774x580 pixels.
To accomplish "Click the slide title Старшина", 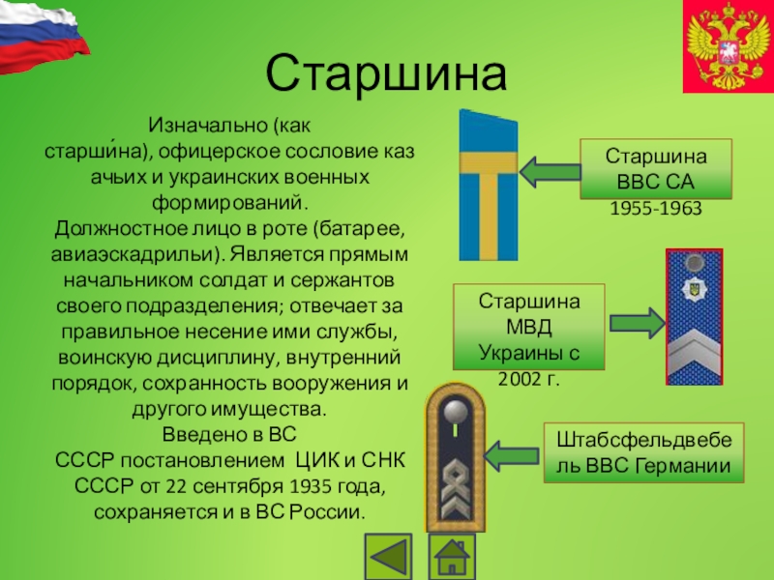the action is click(x=386, y=73).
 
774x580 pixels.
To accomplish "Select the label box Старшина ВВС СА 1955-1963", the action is click(x=655, y=181).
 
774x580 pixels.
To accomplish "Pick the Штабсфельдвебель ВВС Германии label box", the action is click(x=643, y=453).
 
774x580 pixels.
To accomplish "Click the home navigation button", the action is click(x=451, y=558).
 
